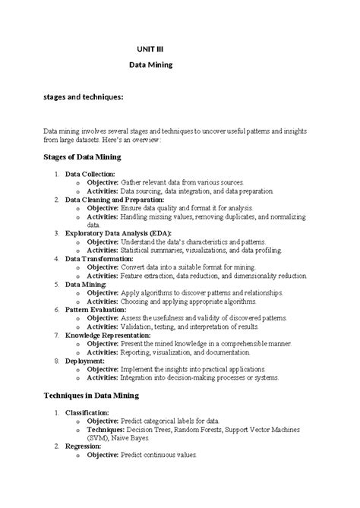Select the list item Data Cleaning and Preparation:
[x=117, y=200]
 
